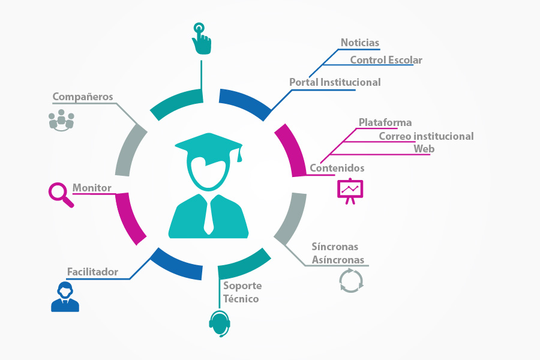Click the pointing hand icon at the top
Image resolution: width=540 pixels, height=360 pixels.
coord(202,38)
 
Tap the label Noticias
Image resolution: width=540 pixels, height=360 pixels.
coord(360,43)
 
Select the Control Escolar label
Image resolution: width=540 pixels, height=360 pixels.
coord(386,60)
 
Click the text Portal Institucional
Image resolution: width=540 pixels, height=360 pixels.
coord(335,82)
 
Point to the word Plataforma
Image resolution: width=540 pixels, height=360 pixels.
coord(385,122)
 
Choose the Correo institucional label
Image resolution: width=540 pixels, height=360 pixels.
coord(427,136)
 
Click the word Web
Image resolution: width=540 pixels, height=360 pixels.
coord(424,149)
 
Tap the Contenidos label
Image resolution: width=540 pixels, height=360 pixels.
coord(337,168)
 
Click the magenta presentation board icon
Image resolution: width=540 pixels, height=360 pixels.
coord(350,191)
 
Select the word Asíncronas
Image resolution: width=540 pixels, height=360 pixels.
coord(338,260)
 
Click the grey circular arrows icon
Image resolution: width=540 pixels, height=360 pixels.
coord(351,281)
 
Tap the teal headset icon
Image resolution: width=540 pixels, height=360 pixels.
coord(220,323)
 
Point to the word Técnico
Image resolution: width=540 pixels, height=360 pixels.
coord(241,299)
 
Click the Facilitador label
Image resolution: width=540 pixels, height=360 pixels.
coord(92,272)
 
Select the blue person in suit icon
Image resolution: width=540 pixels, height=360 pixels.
coord(65,296)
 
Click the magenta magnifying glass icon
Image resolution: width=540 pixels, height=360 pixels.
coord(61,195)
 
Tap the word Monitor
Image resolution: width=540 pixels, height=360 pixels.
coord(92,188)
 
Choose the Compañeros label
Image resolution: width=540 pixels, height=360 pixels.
coord(83,97)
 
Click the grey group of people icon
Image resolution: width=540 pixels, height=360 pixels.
coord(61,120)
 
